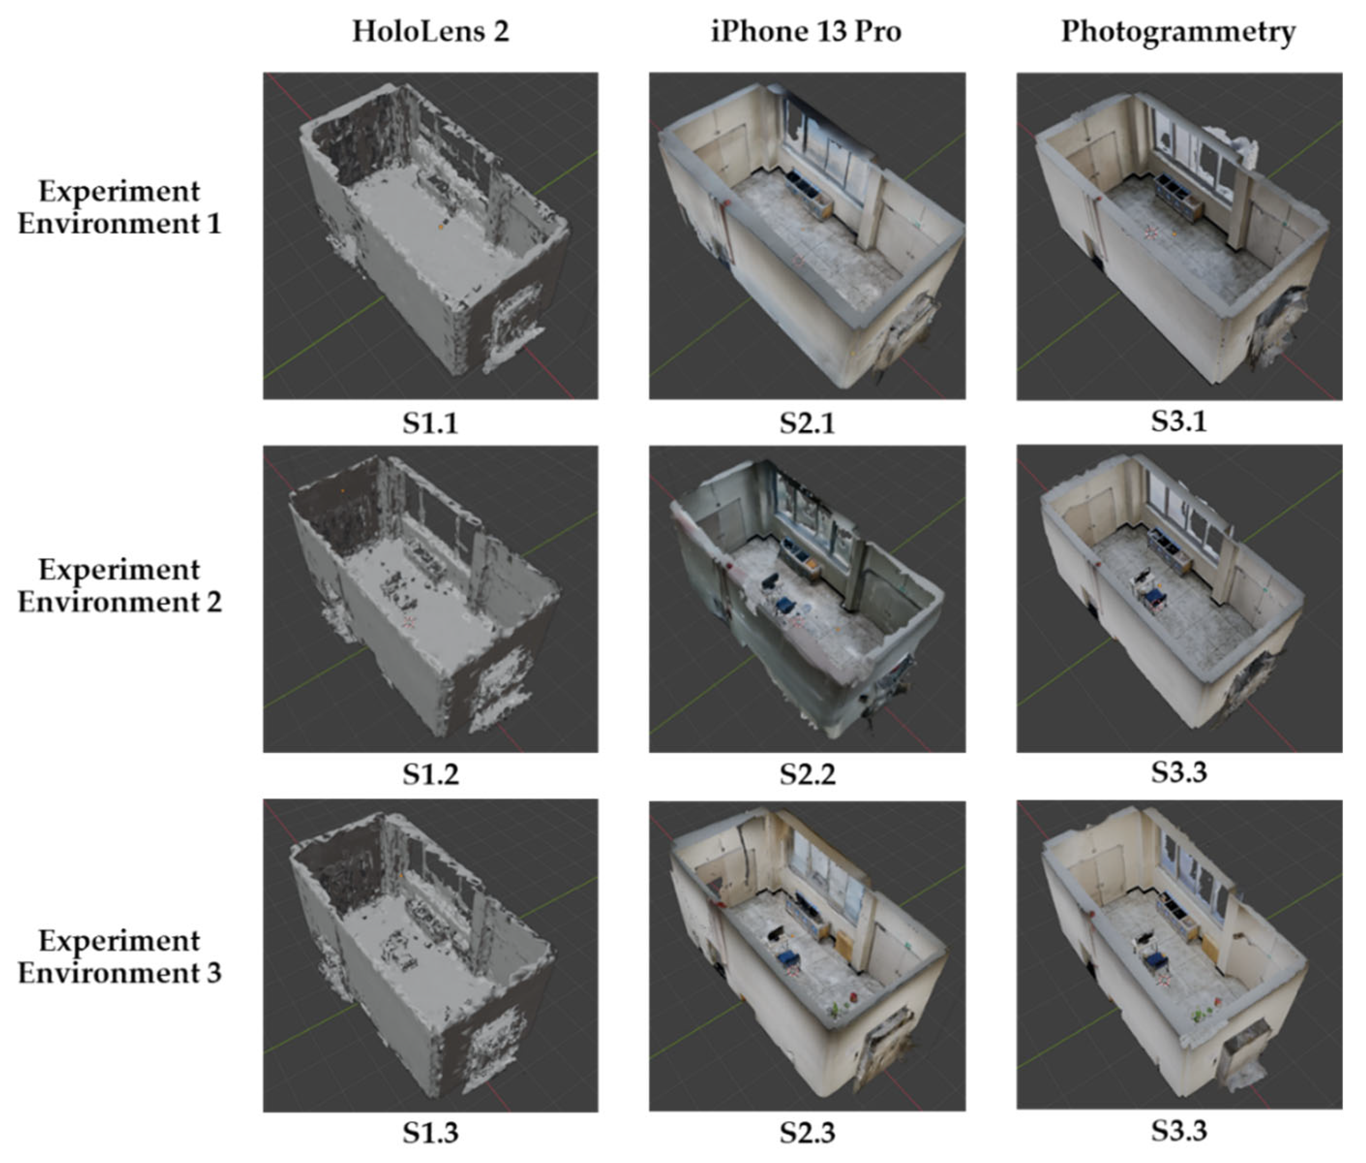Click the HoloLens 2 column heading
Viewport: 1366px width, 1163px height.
click(x=430, y=31)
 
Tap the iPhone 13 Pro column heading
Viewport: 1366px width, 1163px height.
click(x=806, y=31)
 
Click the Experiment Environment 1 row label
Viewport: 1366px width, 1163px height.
click(x=119, y=207)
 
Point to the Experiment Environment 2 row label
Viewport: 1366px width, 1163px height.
click(x=119, y=586)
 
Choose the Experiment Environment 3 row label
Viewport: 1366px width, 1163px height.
click(x=119, y=957)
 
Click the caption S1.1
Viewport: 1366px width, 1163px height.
click(x=430, y=422)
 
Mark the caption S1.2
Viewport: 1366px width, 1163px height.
click(x=430, y=774)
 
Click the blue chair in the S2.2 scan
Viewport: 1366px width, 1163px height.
click(x=785, y=605)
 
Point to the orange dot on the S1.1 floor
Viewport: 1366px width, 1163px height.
click(x=441, y=227)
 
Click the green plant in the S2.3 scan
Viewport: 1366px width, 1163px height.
click(x=836, y=1009)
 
